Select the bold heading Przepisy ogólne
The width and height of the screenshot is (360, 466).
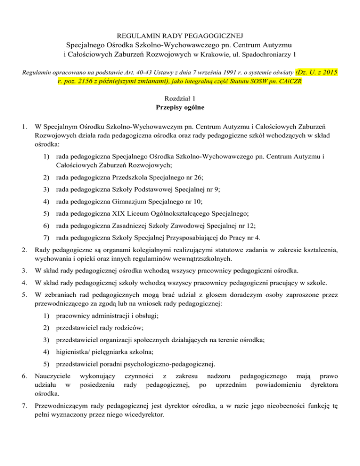click(x=180, y=109)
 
